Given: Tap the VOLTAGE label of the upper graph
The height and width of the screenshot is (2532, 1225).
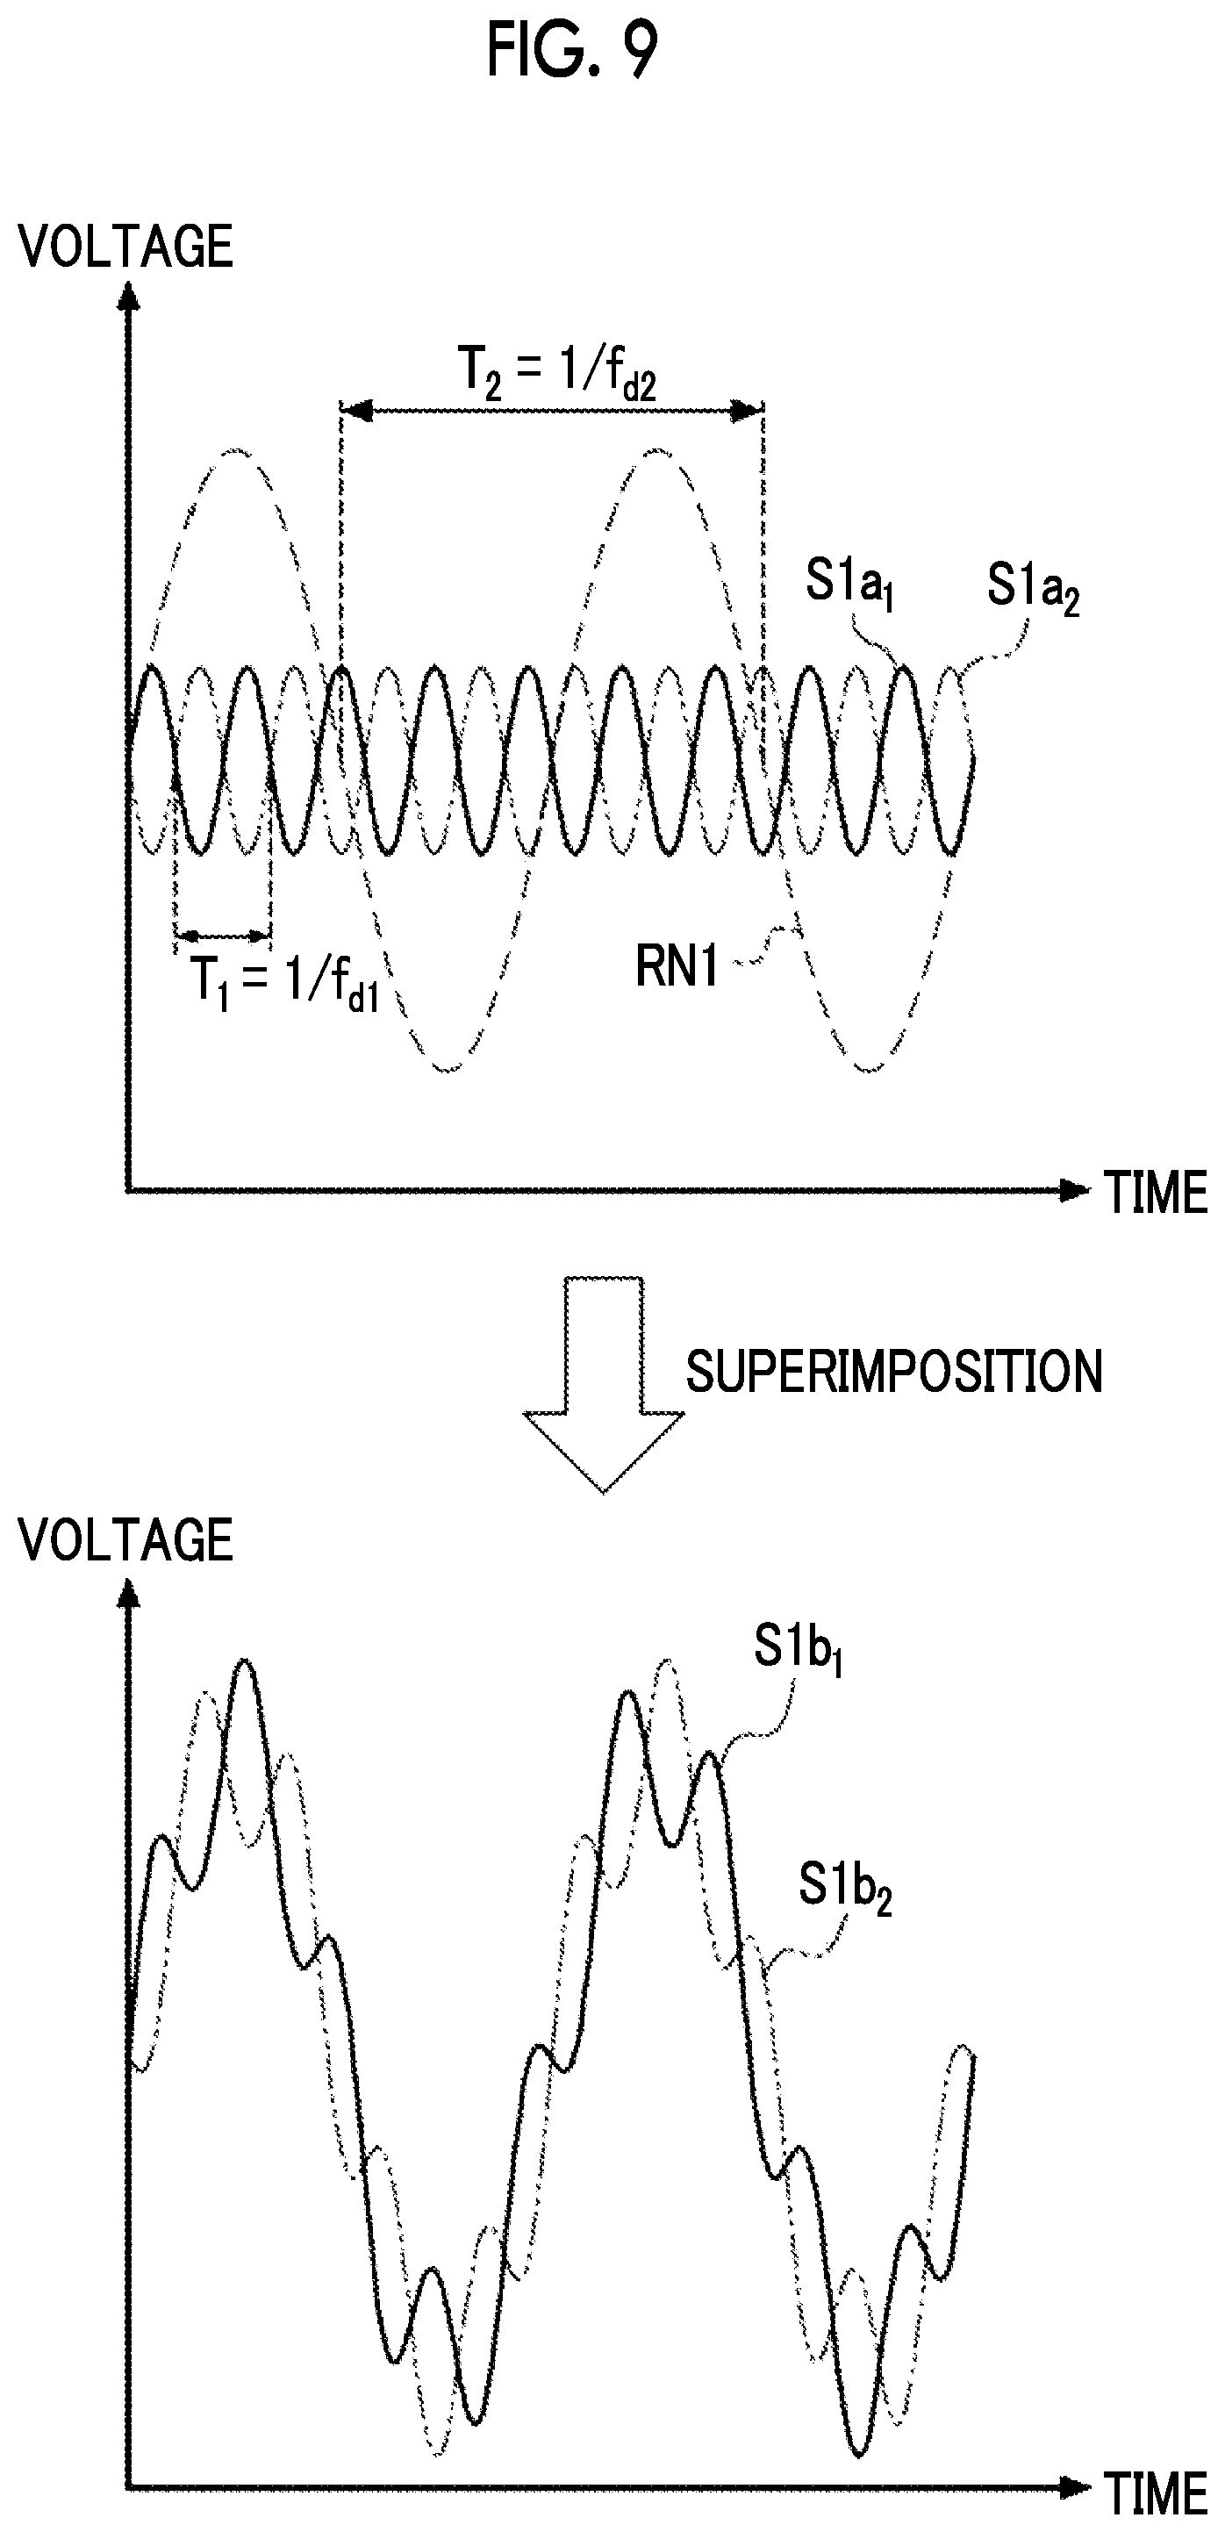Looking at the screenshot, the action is coord(125,246).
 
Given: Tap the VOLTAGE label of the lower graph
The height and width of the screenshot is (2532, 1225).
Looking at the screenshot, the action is coord(125,1540).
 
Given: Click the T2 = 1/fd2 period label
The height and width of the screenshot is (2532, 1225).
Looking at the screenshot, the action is coord(556,374).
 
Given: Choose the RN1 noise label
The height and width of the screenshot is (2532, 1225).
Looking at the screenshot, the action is coord(677,966).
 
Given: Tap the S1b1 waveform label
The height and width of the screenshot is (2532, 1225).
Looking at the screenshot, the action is coord(798,1647).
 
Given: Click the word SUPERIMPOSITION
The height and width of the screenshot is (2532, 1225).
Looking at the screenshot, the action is coord(893,1371).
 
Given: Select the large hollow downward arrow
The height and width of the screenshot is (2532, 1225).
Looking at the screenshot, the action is coord(604,1384).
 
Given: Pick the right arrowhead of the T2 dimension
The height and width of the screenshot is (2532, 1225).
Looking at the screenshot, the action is coord(749,410).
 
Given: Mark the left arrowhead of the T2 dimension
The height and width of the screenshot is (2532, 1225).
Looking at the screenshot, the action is coord(357,410).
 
